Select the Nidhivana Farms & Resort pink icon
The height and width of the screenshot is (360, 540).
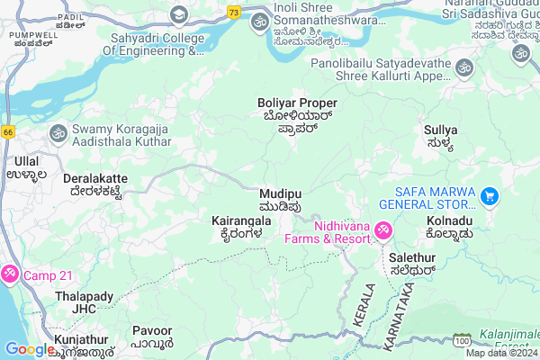coord(382,231)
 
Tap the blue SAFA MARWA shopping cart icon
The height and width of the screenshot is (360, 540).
coord(490,195)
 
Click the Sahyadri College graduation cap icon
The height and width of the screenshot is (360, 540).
coord(178,14)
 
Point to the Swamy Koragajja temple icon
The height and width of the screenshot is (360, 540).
coord(58,132)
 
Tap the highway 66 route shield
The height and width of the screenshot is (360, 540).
coord(9,131)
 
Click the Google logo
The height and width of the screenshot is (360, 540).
coord(30,349)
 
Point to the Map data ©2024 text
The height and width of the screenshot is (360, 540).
coord(500,352)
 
